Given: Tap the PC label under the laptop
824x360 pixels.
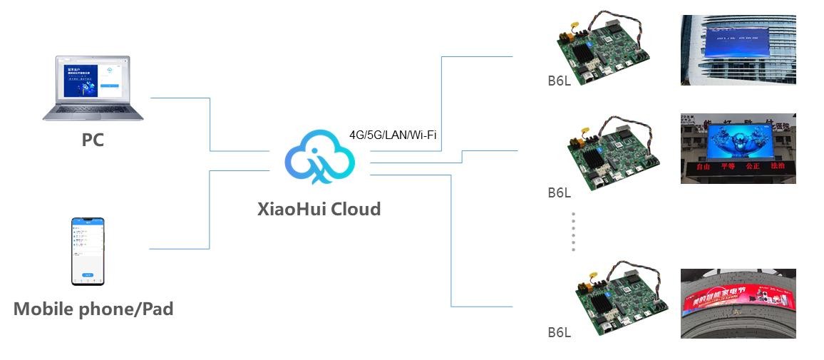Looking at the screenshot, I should tap(93, 140).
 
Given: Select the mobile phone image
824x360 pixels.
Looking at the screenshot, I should tap(87, 250).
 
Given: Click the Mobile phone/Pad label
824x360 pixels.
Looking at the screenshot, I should tap(93, 309).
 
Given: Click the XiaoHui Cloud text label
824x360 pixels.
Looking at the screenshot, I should tap(319, 209).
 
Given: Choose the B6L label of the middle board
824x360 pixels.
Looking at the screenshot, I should tap(560, 192).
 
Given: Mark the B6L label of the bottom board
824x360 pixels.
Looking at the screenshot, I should tap(560, 332).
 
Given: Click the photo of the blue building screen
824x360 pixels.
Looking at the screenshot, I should tap(738, 50).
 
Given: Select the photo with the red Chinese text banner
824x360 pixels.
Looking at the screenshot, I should tap(738, 148).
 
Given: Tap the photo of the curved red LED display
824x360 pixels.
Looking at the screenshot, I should tap(738, 303).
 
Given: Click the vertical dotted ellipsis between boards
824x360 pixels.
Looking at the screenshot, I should tap(573, 232).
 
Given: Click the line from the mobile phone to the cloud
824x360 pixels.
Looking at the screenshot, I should tap(210, 210).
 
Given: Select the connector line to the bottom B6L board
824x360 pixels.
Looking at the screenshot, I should tap(452, 242).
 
